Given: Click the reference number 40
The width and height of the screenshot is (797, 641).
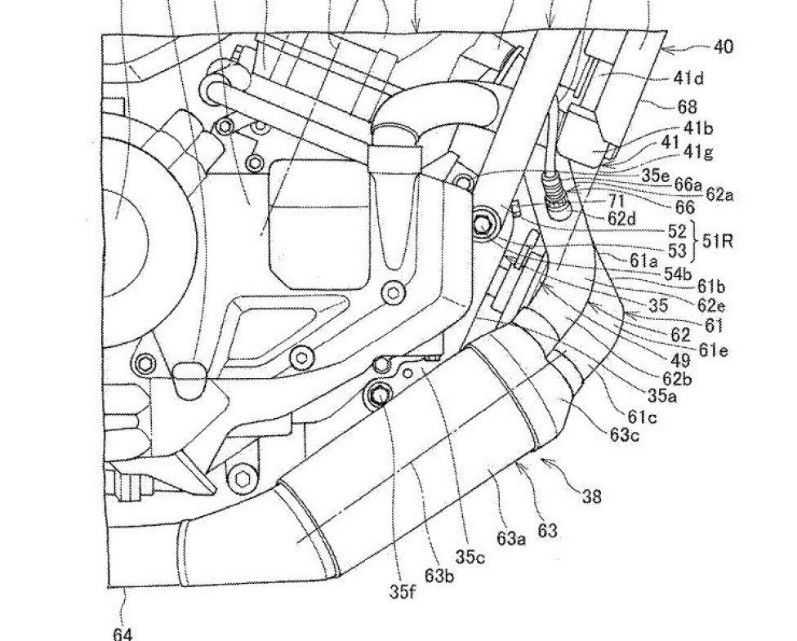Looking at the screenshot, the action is (724, 47).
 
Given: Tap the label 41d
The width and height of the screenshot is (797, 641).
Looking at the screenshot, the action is (688, 78).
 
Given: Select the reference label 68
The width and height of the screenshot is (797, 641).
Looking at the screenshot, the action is (688, 107).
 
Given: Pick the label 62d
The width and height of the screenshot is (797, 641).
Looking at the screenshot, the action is (622, 219).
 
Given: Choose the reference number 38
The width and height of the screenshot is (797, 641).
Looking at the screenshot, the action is (592, 496).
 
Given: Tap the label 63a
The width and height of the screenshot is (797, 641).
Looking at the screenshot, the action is (512, 538).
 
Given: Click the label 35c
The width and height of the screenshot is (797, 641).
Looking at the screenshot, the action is (470, 557).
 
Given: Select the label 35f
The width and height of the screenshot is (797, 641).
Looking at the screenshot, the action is (403, 591).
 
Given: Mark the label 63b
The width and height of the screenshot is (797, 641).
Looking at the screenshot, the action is (440, 576).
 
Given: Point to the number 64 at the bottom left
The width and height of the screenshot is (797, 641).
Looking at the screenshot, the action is (122, 634).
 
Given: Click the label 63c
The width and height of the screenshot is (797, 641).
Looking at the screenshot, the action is (625, 435).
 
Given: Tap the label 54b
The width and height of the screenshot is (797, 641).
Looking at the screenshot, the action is (678, 274).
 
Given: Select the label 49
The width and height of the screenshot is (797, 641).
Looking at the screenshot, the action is (680, 360).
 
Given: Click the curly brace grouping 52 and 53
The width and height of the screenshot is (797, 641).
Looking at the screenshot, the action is (693, 240).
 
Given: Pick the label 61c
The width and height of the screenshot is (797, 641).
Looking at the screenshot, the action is (642, 416).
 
